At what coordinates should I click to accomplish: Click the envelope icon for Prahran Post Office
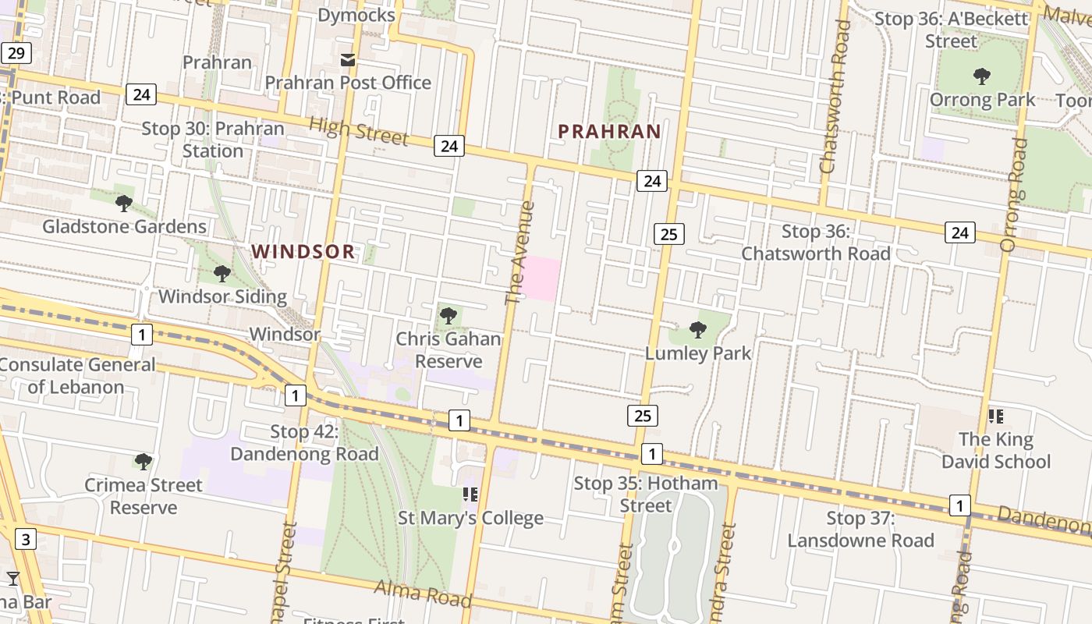pyautogui.click(x=347, y=60)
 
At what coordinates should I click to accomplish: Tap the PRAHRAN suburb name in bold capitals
pyautogui.click(x=609, y=131)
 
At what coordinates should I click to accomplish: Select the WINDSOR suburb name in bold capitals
pyautogui.click(x=303, y=251)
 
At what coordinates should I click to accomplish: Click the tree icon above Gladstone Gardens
pyautogui.click(x=123, y=204)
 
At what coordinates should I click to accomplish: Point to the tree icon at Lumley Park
pyautogui.click(x=698, y=330)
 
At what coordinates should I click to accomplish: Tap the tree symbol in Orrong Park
pyautogui.click(x=982, y=76)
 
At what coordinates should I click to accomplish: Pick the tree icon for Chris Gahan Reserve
pyautogui.click(x=448, y=316)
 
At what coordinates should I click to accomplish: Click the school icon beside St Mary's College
pyautogui.click(x=470, y=495)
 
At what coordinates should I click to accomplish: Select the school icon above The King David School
pyautogui.click(x=995, y=417)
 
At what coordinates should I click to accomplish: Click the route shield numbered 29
pyautogui.click(x=16, y=53)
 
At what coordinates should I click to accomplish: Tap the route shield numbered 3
pyautogui.click(x=26, y=539)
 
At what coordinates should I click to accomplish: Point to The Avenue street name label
pyautogui.click(x=519, y=253)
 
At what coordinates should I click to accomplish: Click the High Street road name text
pyautogui.click(x=358, y=131)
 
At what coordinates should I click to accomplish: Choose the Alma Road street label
pyautogui.click(x=423, y=593)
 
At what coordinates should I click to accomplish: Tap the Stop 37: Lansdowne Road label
pyautogui.click(x=860, y=529)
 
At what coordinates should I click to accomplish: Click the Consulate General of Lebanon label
pyautogui.click(x=76, y=375)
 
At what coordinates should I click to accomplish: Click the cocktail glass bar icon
pyautogui.click(x=13, y=578)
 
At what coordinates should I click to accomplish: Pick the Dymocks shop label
pyautogui.click(x=357, y=15)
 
